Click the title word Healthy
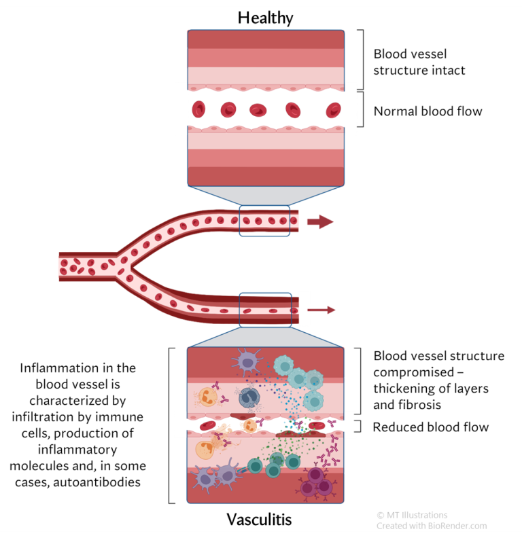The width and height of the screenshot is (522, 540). pyautogui.click(x=265, y=18)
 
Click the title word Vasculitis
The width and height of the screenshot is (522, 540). pyautogui.click(x=259, y=520)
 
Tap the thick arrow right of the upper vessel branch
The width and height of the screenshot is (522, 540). pyautogui.click(x=320, y=221)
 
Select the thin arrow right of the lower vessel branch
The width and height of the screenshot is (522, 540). pyautogui.click(x=321, y=310)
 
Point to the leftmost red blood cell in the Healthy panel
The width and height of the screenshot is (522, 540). pyautogui.click(x=199, y=109)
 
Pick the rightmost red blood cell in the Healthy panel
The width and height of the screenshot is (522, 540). pyautogui.click(x=332, y=109)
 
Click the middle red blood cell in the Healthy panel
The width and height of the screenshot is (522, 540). pyautogui.click(x=258, y=109)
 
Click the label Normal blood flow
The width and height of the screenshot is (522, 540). pyautogui.click(x=428, y=111)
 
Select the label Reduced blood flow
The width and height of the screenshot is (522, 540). pyautogui.click(x=431, y=427)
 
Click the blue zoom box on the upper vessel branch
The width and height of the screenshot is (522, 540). pyautogui.click(x=264, y=221)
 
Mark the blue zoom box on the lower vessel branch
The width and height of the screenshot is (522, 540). pyautogui.click(x=265, y=310)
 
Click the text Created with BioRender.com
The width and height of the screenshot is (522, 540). pyautogui.click(x=432, y=526)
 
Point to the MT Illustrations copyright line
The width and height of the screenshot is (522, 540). pyautogui.click(x=412, y=515)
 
